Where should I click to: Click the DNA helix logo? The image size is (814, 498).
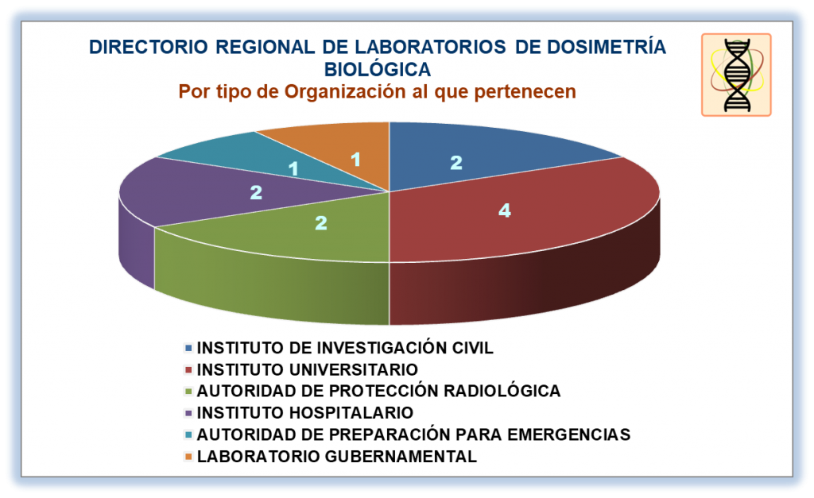tap(736, 75)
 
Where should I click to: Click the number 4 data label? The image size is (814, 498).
tap(504, 210)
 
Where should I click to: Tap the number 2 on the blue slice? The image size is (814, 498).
tap(455, 163)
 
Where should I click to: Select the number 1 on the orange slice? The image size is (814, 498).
tap(355, 160)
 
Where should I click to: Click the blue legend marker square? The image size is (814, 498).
tap(188, 348)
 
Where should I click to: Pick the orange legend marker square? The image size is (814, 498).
tap(188, 457)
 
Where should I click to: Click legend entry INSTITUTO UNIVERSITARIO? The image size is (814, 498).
tap(307, 369)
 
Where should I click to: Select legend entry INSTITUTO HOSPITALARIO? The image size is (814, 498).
tap(304, 412)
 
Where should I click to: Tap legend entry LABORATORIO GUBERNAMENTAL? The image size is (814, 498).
tap(336, 456)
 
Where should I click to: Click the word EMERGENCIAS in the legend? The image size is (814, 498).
tap(568, 434)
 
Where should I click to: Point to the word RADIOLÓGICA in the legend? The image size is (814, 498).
tap(502, 391)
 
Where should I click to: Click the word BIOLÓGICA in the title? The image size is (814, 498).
tap(378, 69)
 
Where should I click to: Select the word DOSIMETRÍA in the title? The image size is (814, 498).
tap(607, 47)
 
